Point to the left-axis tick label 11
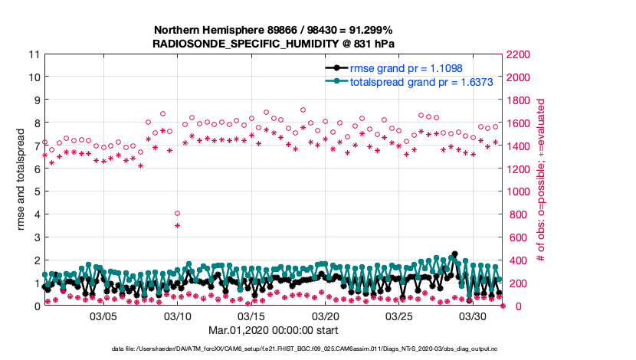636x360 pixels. click(x=34, y=54)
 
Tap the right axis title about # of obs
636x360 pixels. click(x=541, y=180)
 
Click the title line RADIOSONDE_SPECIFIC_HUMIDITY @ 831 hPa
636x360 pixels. click(x=274, y=44)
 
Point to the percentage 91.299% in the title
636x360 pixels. click(x=372, y=31)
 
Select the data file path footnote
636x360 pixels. click(x=274, y=349)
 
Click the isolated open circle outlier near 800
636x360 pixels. click(x=177, y=214)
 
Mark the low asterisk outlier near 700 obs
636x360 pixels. click(x=177, y=225)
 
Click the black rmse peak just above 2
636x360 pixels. click(x=454, y=254)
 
